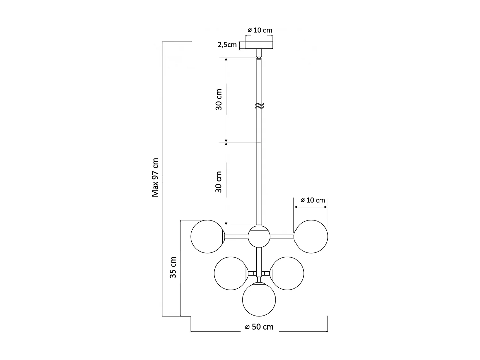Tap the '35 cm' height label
173,267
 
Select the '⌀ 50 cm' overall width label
259,327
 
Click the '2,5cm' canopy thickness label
227,44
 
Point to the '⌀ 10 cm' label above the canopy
260,30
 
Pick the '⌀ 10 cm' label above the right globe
313,200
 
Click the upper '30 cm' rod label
219,100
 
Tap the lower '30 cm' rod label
219,182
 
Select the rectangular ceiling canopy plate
259,45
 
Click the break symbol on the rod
259,106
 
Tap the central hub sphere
259,237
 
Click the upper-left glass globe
207,237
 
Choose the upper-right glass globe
311,237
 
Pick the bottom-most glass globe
259,300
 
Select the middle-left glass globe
231,273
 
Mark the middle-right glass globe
287,273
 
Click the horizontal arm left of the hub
236,237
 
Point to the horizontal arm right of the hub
282,237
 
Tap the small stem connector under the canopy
259,52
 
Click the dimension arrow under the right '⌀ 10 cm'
311,207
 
